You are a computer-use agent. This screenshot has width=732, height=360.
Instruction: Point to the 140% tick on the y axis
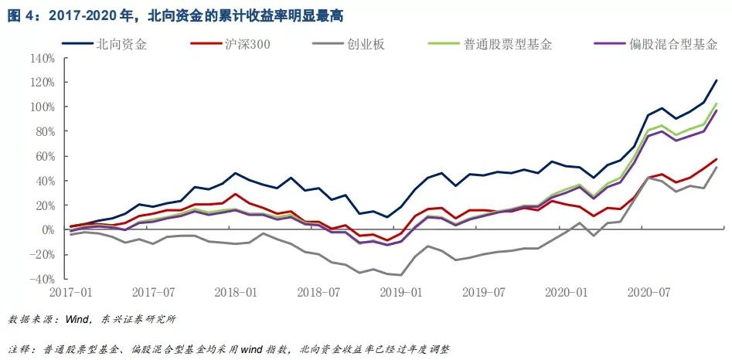(x=43, y=58)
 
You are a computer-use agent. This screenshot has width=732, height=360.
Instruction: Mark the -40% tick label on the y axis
(x=43, y=279)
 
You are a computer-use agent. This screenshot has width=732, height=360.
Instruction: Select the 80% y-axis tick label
(x=45, y=131)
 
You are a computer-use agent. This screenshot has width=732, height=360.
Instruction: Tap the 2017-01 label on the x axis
(x=71, y=294)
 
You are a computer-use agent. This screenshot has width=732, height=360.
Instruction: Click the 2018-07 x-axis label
(x=321, y=294)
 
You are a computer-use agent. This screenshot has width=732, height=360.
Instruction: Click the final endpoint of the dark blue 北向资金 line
(x=717, y=80)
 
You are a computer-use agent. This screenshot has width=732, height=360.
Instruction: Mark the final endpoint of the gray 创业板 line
(x=717, y=167)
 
